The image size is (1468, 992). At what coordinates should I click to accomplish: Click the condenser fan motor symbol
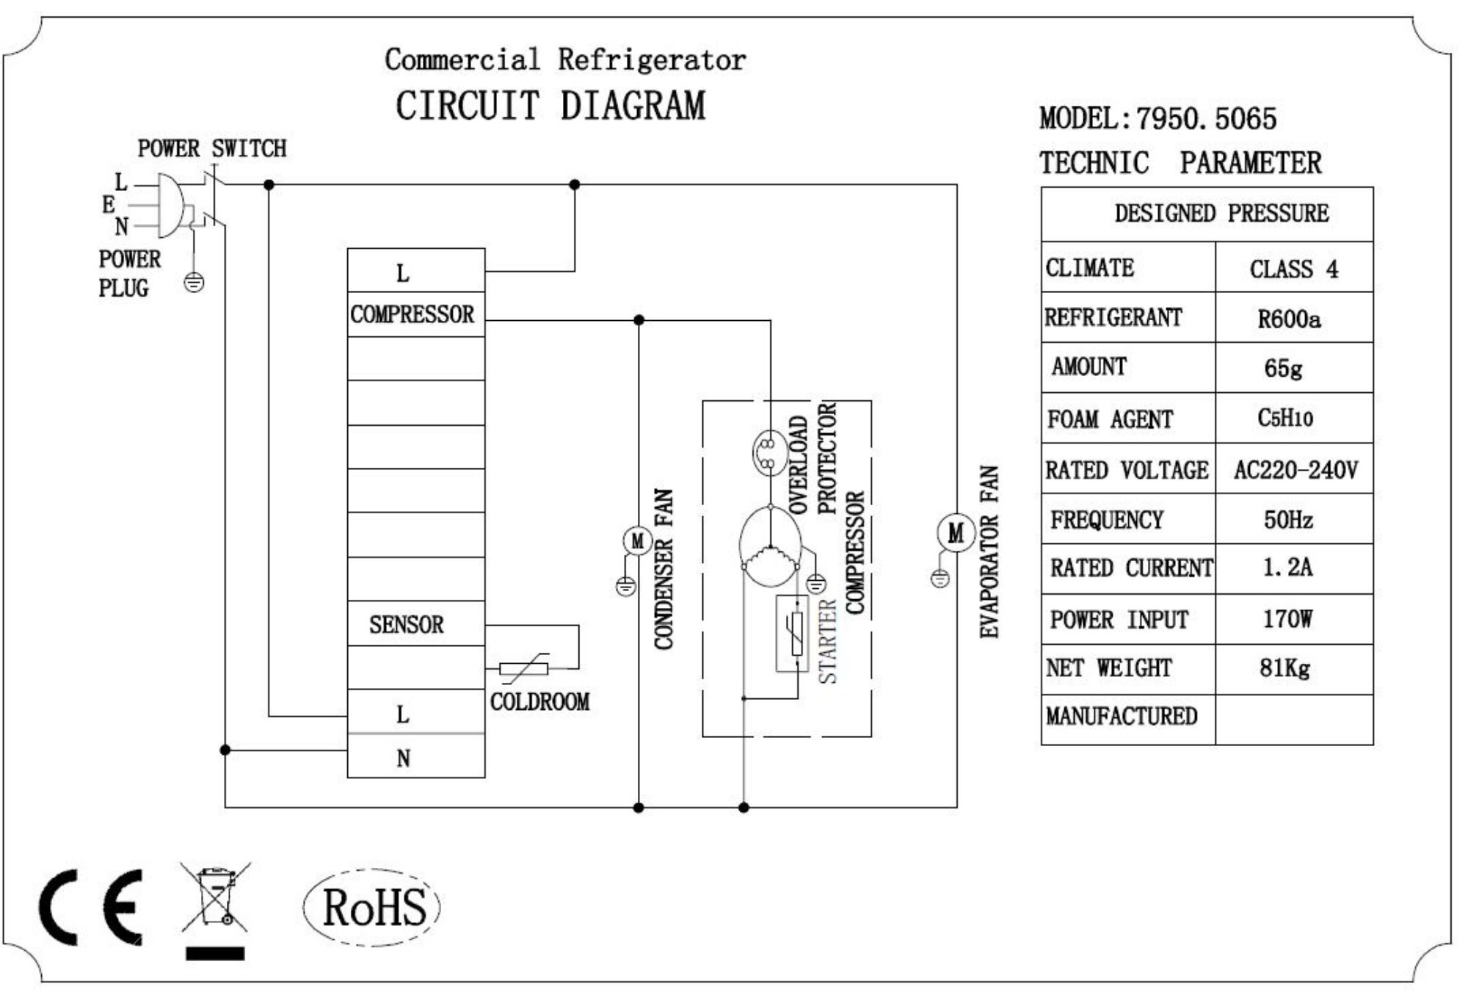coord(637,541)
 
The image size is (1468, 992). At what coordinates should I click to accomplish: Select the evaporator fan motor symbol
coord(956,532)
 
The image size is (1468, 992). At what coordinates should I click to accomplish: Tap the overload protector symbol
coord(769,452)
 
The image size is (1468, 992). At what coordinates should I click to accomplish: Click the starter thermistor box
coord(793,633)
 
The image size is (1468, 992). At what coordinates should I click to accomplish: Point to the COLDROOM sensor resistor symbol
coord(523,668)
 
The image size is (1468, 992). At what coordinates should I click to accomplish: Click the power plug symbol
coord(170,206)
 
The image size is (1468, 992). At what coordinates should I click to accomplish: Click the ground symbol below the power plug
coord(194,282)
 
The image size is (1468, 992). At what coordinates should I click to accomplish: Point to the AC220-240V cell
coord(1295,470)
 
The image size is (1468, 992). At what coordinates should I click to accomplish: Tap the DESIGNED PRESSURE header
coord(1221,214)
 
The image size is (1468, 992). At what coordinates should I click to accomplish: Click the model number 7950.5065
coord(1206,119)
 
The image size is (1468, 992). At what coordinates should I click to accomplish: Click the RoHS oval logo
coord(372,907)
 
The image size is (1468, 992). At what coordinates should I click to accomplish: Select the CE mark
coord(91,908)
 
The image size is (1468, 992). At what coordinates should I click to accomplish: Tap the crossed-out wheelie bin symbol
coord(215,897)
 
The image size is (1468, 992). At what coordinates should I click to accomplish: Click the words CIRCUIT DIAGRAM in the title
coord(550,106)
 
